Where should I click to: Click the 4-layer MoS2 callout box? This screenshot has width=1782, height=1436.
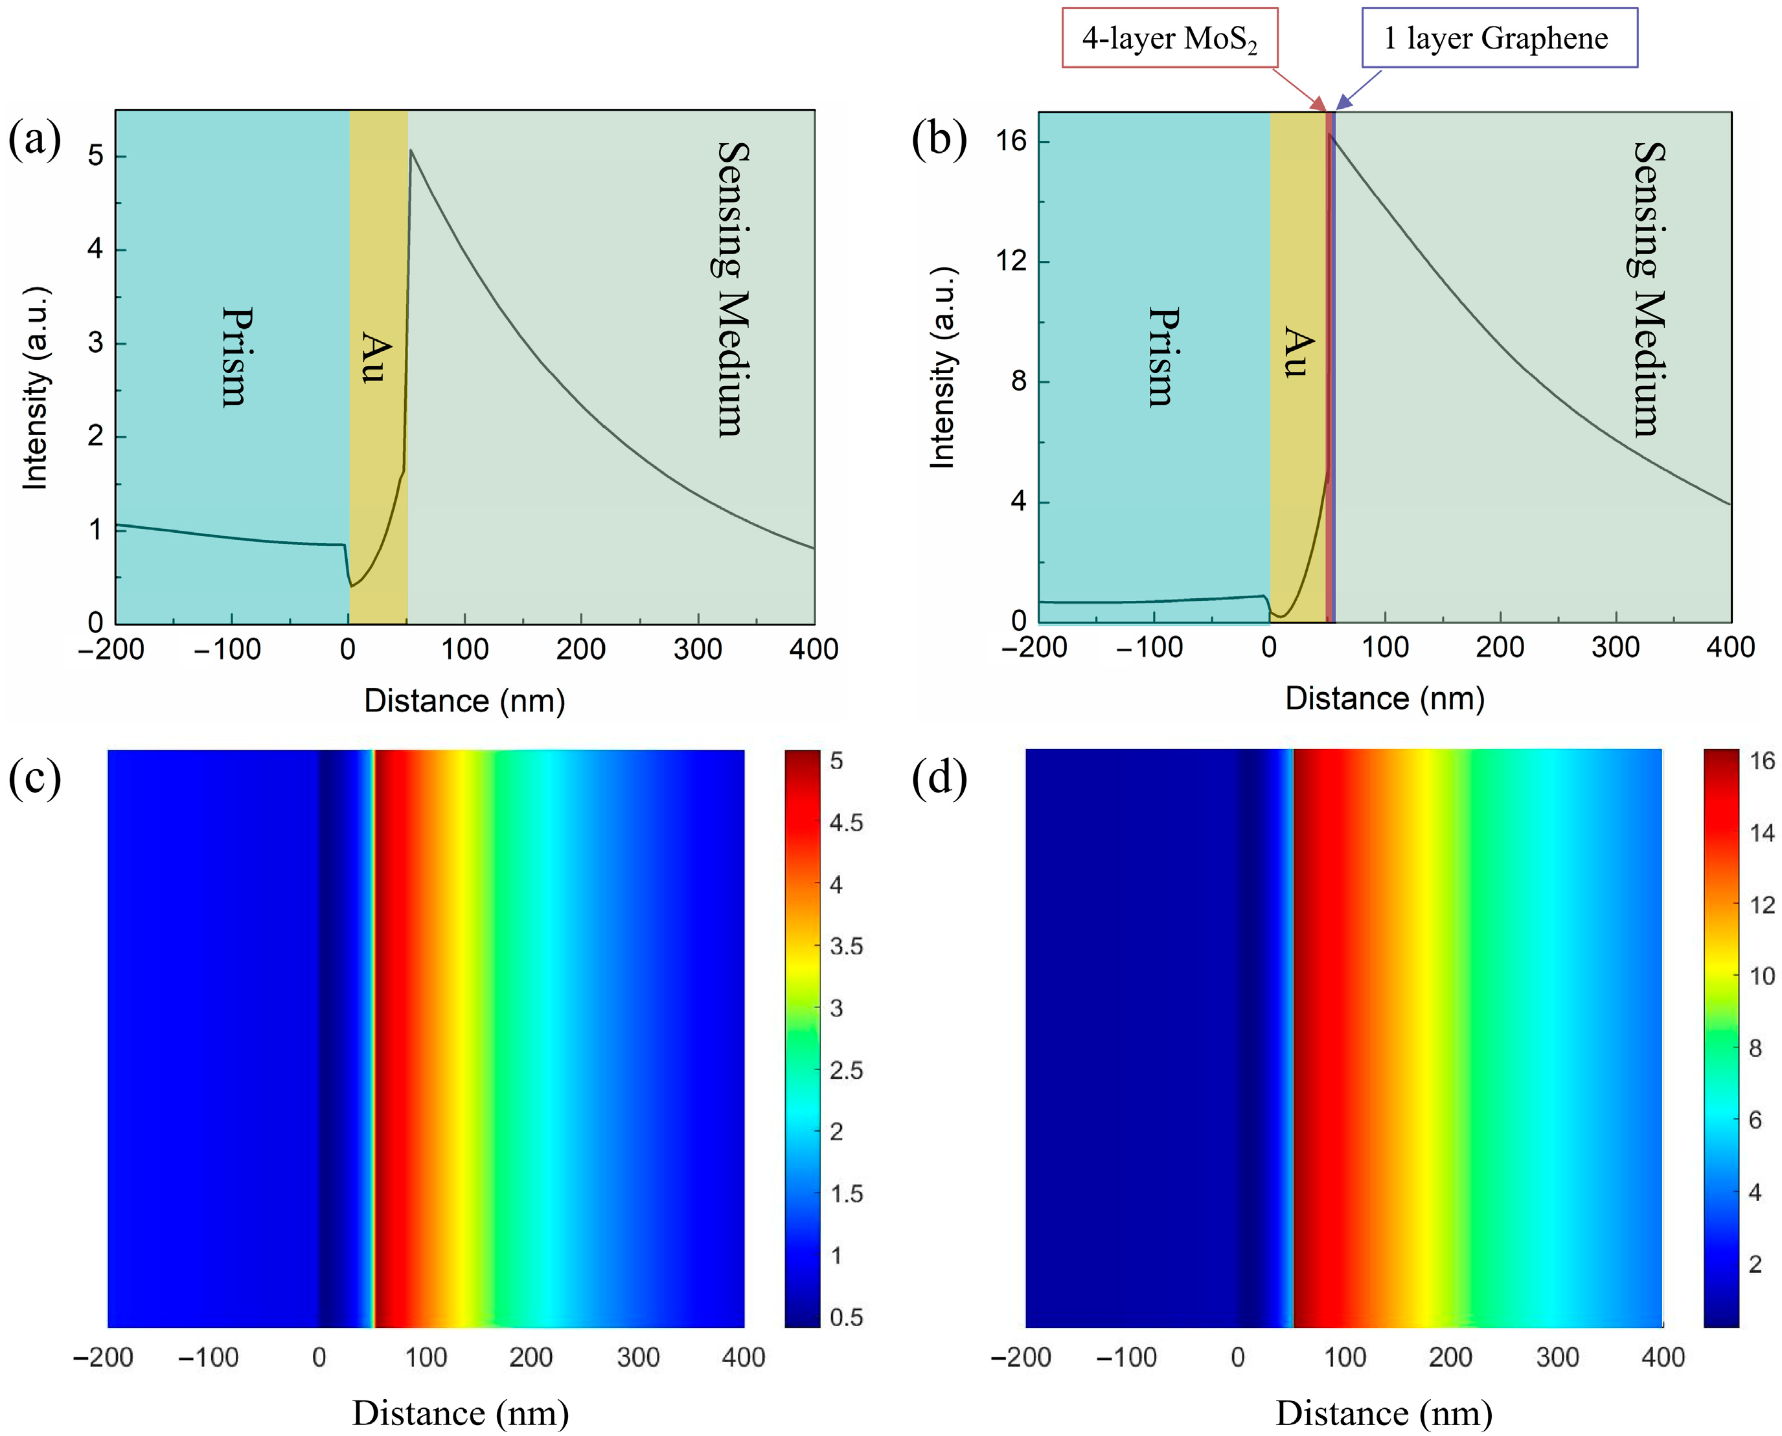[1169, 38]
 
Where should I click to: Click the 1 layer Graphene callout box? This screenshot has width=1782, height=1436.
[1499, 38]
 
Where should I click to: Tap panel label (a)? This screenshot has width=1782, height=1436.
[35, 138]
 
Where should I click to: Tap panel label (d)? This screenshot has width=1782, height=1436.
[939, 777]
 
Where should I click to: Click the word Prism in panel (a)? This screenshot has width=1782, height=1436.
[236, 357]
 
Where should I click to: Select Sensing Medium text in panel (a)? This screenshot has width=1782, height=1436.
[733, 289]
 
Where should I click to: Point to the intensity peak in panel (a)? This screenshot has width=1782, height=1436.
[411, 151]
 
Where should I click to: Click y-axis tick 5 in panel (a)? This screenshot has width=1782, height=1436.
[96, 155]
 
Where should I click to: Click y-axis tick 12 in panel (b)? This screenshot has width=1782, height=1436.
[1011, 260]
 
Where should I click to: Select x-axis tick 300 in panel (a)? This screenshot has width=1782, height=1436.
[697, 649]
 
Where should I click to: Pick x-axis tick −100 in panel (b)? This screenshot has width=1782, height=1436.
[1149, 647]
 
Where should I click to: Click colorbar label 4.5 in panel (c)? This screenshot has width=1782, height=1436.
[846, 823]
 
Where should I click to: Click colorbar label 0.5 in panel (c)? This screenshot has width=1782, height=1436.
[846, 1317]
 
